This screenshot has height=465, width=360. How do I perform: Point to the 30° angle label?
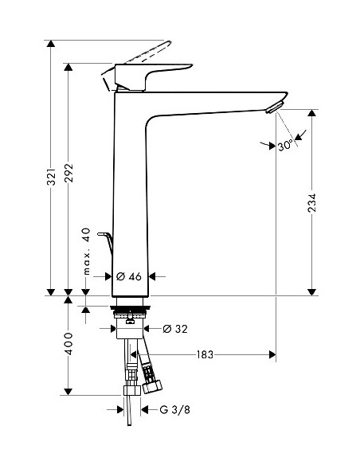coord(284,146)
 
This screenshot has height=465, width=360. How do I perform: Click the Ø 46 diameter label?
coord(129,275)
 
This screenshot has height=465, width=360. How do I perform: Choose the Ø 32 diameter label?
coord(174,328)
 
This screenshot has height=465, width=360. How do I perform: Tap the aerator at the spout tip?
coord(276,107)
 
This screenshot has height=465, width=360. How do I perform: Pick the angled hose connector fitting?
coord(149,374)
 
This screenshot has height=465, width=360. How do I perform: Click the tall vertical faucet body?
coord(130,199)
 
